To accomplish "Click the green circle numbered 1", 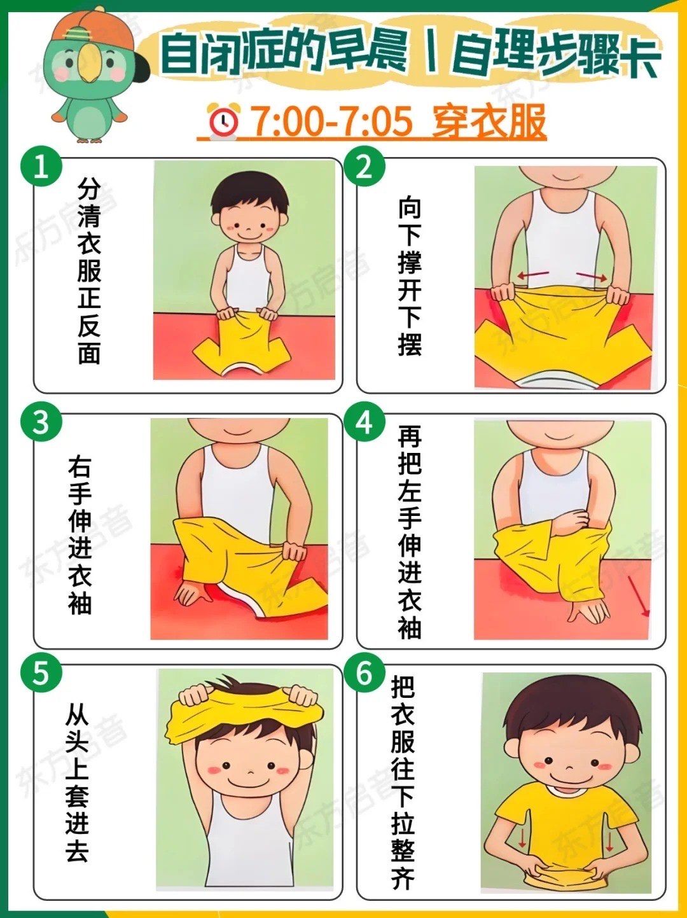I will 41,167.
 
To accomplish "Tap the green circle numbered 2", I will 364,167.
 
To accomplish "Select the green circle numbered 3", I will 41,422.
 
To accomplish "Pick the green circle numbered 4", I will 364,422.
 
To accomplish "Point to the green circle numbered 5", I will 41,673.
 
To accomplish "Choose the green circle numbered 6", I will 364,673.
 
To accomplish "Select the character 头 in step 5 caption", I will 77,743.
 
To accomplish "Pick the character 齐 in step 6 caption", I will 403,878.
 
